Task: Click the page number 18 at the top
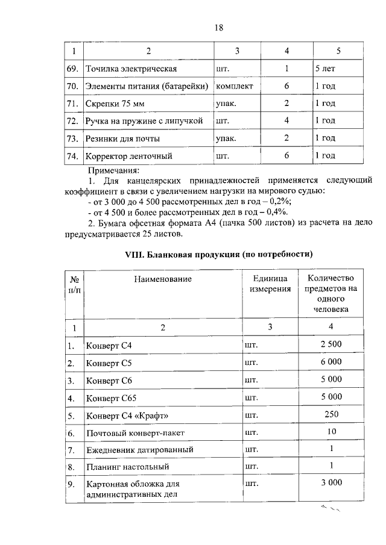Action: [218, 27]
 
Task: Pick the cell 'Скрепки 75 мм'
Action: [116, 104]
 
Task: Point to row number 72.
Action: [73, 121]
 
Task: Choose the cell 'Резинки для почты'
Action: [123, 139]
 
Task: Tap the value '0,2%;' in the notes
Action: [280, 201]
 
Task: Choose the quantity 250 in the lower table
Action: [331, 415]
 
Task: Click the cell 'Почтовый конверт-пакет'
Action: [134, 433]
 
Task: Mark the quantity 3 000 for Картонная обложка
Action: [331, 482]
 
